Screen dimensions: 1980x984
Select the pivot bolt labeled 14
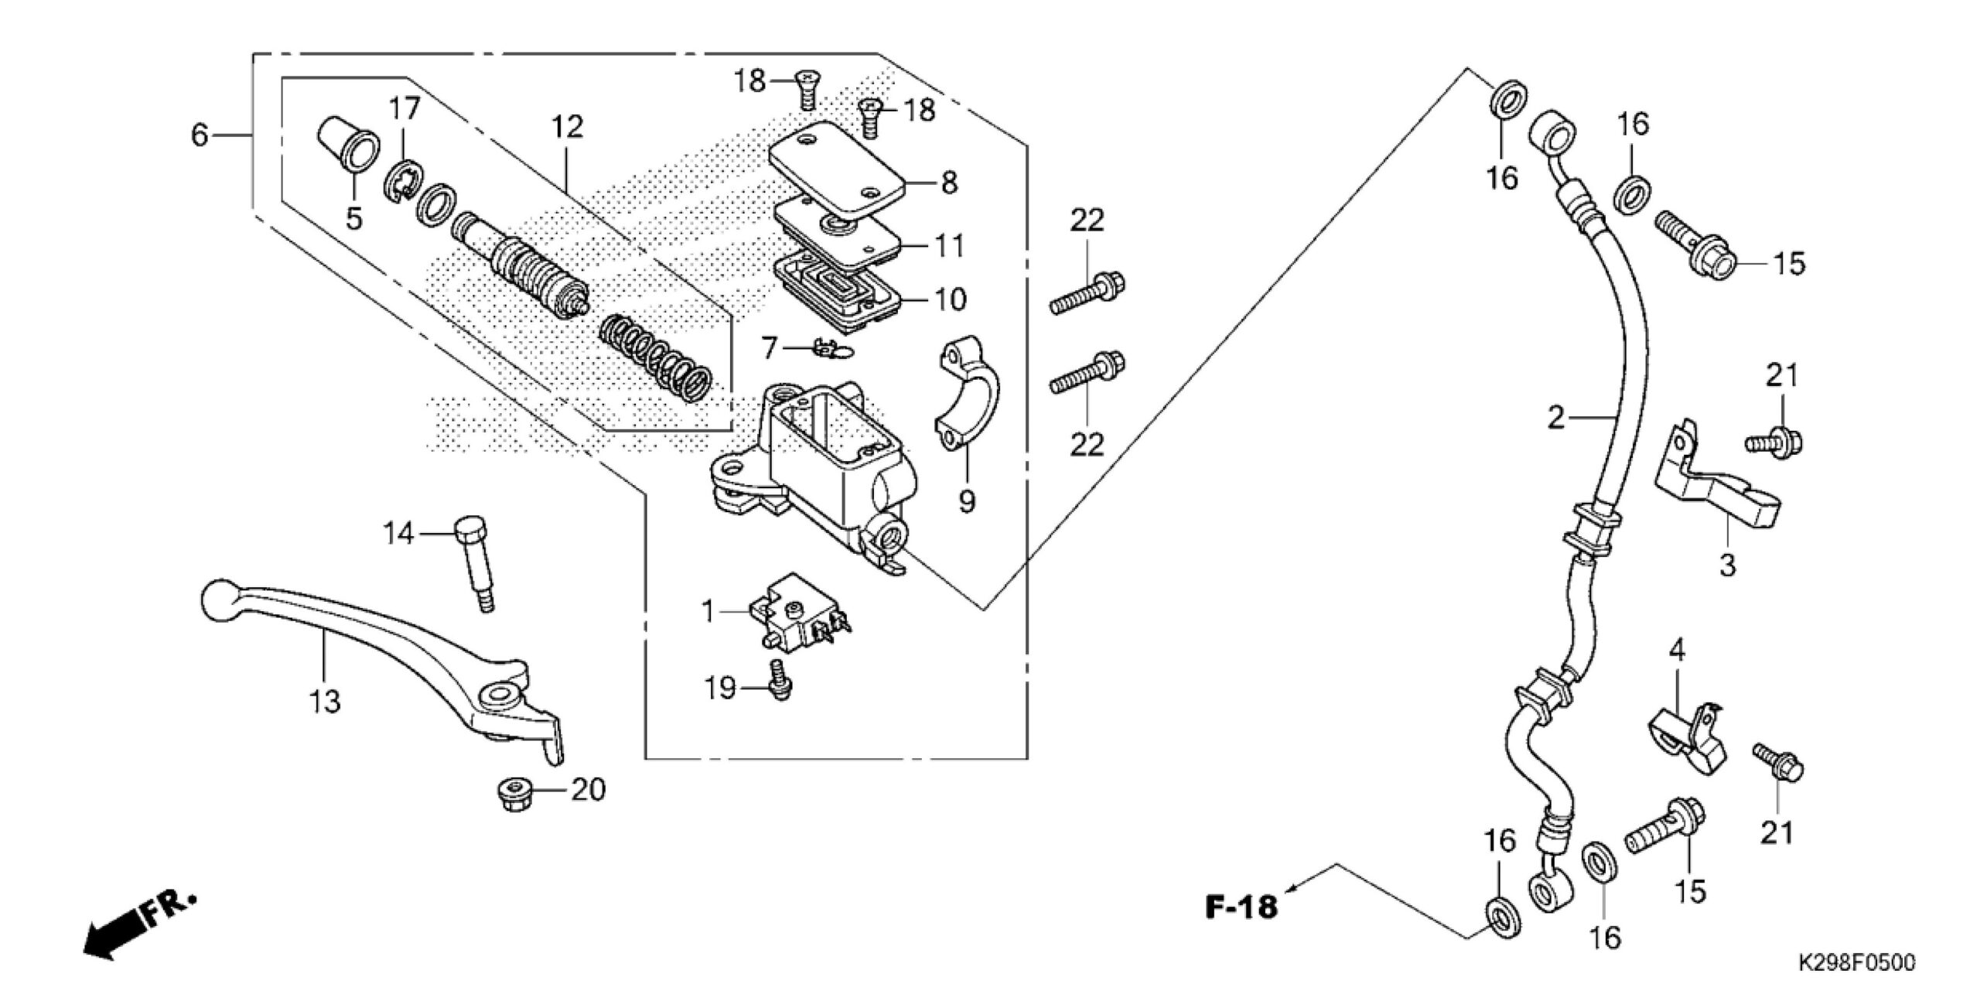475,562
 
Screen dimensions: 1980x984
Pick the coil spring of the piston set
656,355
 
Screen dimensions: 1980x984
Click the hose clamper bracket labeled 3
1717,484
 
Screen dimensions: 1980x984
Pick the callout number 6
200,135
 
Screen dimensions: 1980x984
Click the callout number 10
950,299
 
